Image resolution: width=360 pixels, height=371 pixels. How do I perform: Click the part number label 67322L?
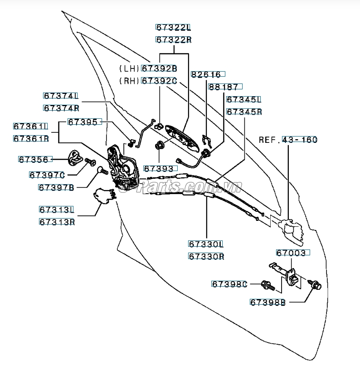(174, 27)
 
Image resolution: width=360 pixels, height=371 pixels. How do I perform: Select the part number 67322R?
(174, 39)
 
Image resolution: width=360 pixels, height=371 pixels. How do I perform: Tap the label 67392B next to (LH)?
(159, 68)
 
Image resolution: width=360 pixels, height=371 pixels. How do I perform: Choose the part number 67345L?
(244, 99)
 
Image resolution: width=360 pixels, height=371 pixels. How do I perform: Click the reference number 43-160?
(300, 139)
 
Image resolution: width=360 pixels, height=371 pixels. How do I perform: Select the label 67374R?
(61, 108)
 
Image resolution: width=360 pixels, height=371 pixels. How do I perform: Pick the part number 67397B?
(56, 186)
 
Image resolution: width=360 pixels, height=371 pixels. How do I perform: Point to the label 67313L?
(56, 210)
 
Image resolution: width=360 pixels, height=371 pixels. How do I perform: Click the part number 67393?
(158, 168)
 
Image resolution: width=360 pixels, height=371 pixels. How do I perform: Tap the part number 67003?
(294, 253)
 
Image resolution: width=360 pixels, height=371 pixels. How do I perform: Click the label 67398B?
(268, 302)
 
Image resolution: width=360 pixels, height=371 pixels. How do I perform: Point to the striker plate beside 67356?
(75, 157)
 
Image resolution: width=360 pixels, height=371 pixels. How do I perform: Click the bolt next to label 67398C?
(268, 286)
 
